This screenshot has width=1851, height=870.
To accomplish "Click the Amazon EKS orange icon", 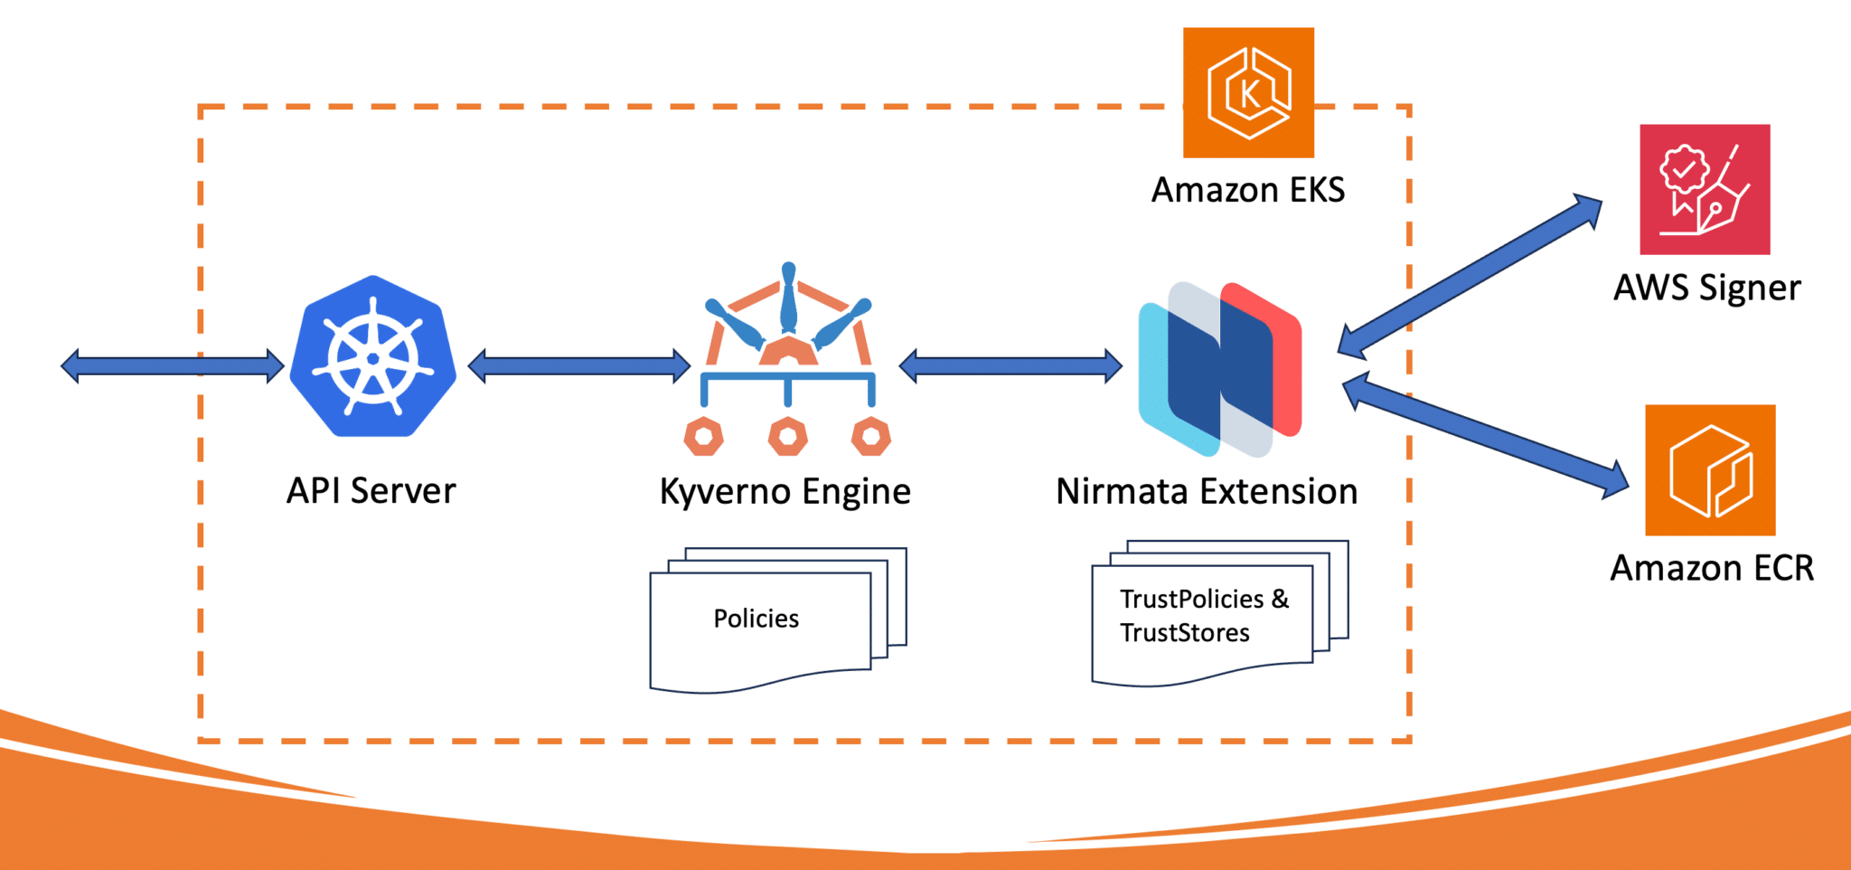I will [x=1248, y=92].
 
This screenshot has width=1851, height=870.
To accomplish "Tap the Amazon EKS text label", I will [x=1248, y=190].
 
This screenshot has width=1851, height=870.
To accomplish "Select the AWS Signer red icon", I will [x=1705, y=189].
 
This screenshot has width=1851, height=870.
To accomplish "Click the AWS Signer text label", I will [x=1706, y=288].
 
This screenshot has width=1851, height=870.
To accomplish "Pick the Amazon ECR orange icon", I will [x=1710, y=470].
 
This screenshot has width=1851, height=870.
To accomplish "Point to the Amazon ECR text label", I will [x=1712, y=568].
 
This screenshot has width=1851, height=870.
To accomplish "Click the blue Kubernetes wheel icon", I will [x=372, y=358].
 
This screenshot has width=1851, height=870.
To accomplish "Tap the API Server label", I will [x=371, y=491].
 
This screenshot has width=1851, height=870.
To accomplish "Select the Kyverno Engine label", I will [x=785, y=492].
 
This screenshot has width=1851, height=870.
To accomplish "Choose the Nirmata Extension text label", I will [x=1207, y=492].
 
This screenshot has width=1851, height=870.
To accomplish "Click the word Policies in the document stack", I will [x=756, y=619].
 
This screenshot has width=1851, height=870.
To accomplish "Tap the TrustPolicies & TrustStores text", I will [x=1203, y=616].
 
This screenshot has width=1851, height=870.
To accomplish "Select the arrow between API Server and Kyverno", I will [x=579, y=366].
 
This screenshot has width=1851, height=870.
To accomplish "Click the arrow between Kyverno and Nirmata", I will [x=1010, y=366].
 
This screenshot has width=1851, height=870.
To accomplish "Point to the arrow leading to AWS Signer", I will [x=1470, y=275].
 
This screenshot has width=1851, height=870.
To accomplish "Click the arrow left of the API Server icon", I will [x=172, y=366].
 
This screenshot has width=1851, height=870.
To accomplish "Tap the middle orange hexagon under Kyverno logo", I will [x=788, y=437].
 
